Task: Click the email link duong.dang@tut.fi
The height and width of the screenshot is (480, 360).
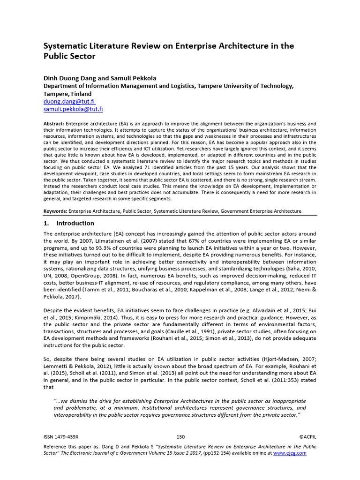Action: pyautogui.click(x=69, y=101)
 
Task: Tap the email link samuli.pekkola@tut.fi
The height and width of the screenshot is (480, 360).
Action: pyautogui.click(x=73, y=109)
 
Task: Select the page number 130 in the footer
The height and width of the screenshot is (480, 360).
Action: pyautogui.click(x=180, y=436)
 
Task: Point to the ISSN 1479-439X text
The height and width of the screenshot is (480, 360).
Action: pyautogui.click(x=61, y=436)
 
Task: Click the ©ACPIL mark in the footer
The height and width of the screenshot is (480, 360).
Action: pyautogui.click(x=307, y=436)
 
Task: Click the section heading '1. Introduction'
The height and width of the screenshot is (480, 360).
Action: pyautogui.click(x=69, y=223)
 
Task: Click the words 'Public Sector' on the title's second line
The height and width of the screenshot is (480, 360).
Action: pyautogui.click(x=69, y=57)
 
